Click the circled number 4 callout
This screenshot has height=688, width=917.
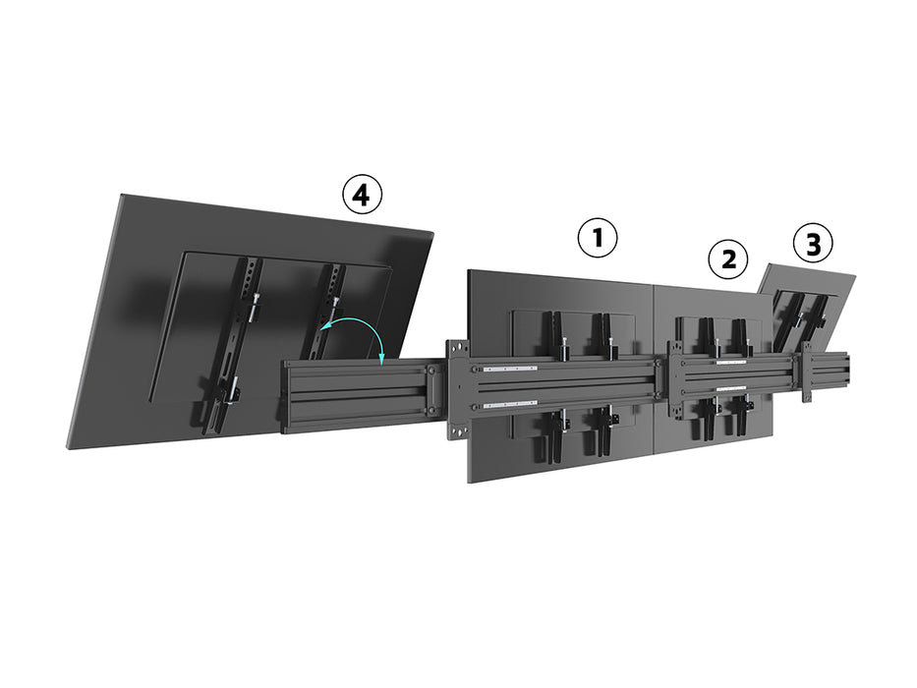(x=361, y=196)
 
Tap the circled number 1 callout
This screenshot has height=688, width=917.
(x=598, y=238)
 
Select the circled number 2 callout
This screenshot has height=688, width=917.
(x=728, y=259)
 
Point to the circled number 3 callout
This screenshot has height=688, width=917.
(x=812, y=244)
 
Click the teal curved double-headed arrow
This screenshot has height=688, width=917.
(x=356, y=333)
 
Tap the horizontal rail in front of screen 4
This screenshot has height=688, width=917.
(x=354, y=394)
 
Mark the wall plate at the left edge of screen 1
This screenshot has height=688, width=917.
(x=458, y=389)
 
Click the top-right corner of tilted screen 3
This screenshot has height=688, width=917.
(x=853, y=277)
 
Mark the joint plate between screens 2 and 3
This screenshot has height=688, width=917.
(x=807, y=372)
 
